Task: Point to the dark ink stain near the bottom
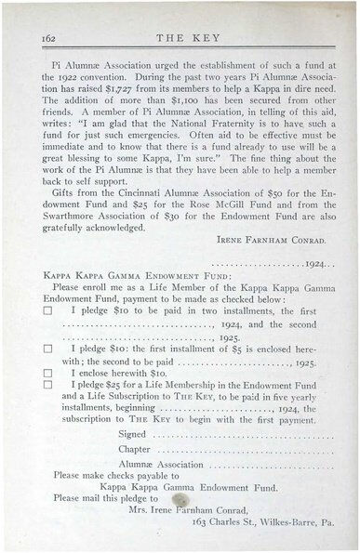180,501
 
